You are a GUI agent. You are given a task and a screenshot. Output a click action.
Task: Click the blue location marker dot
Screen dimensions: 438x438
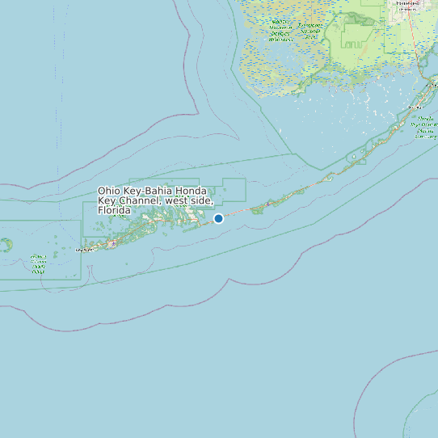[x=218, y=218]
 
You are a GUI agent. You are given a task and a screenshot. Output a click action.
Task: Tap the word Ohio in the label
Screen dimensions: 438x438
[x=110, y=192]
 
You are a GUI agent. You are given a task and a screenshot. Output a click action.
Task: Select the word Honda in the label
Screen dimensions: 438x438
[x=196, y=192]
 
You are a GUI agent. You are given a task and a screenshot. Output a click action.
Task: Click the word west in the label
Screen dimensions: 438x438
[x=178, y=200]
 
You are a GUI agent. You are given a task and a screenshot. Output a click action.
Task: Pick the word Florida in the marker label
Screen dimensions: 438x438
[x=114, y=210]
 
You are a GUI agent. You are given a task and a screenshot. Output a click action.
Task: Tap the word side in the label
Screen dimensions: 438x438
[x=201, y=200]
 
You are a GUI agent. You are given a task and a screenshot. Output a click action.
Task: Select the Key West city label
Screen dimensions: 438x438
[x=84, y=251]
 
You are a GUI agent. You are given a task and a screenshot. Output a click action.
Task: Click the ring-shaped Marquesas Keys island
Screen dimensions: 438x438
[x=7, y=244]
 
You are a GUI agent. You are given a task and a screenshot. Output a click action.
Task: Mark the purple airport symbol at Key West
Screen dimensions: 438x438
[x=112, y=243]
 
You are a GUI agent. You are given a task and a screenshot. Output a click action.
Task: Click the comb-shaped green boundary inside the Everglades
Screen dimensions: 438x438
[x=356, y=36]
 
